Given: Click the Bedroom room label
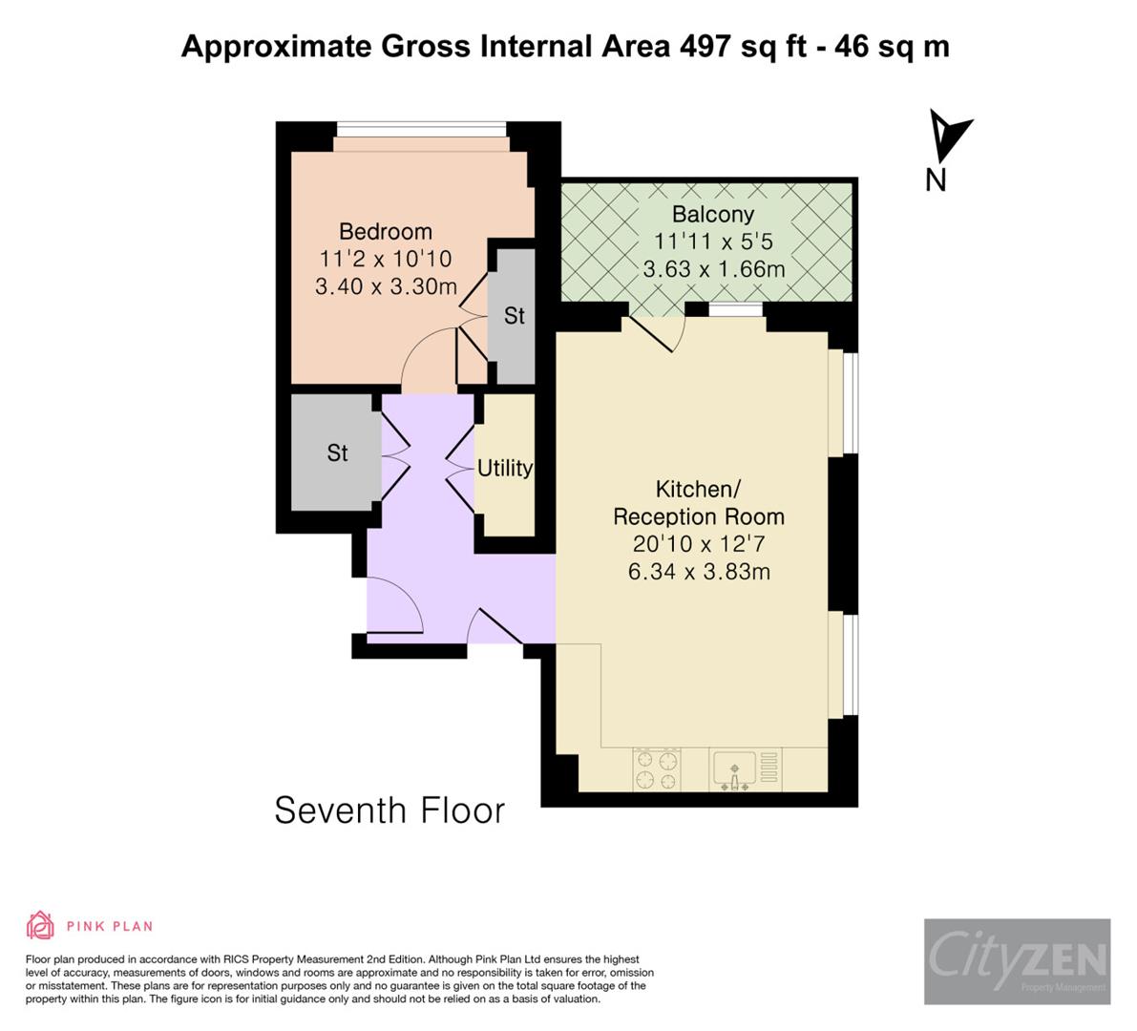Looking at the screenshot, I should tap(386, 232).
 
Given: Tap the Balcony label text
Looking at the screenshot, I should tap(712, 215).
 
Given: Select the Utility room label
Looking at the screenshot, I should tap(505, 468).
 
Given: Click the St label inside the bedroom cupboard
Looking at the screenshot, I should tap(514, 316).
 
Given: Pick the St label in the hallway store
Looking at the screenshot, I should tap(337, 452).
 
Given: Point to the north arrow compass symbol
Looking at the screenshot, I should tap(949, 139).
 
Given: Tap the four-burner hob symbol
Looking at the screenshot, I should tap(658, 770).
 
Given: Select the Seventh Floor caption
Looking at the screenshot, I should tap(390, 810).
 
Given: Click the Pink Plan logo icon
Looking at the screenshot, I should tap(40, 925).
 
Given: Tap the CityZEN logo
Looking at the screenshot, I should tap(1017, 961).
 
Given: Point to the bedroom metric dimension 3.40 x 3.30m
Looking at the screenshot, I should tap(386, 286).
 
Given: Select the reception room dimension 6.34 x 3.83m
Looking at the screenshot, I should tap(699, 572).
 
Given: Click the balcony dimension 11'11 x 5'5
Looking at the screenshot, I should tap(712, 242).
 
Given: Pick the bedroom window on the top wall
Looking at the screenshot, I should tap(421, 129).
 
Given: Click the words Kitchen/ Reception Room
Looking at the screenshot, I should tap(699, 503).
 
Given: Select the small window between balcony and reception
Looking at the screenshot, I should tap(736, 308).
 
